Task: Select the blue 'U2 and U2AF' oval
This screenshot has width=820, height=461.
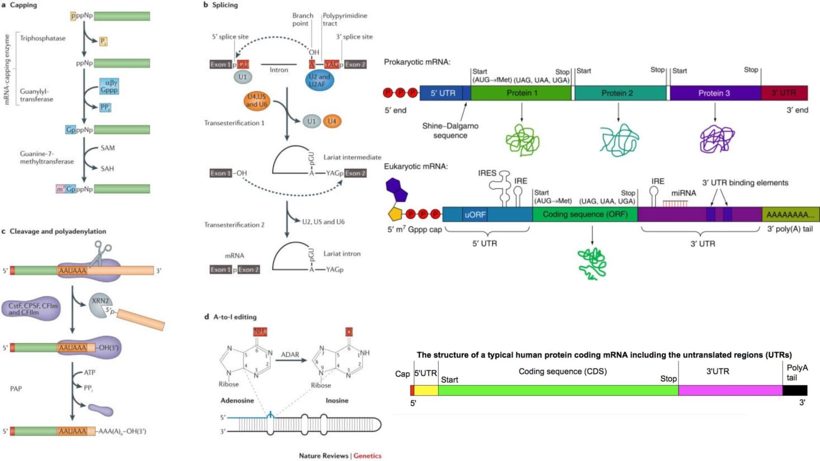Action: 319,81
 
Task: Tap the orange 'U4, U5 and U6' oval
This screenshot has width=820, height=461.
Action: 256,100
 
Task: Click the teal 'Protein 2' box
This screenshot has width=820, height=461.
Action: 618,93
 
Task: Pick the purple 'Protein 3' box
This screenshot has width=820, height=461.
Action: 714,93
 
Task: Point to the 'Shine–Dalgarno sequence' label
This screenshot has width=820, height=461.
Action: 450,131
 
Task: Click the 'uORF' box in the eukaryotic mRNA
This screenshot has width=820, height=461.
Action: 475,214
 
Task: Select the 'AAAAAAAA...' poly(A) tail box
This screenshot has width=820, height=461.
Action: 790,214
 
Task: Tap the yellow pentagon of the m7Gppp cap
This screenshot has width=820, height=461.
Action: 396,214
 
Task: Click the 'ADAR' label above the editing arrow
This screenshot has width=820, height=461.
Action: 290,354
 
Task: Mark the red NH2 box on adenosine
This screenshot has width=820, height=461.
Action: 259,331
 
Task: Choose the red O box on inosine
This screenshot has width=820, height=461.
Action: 349,331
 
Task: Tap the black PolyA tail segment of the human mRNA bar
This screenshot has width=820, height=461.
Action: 794,390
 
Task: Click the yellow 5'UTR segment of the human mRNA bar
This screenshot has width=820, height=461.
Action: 426,390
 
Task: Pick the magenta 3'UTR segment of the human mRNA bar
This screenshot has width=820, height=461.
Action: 730,390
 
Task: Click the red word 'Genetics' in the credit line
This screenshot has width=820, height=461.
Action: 367,455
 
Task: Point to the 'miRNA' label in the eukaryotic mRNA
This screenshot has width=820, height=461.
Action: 683,193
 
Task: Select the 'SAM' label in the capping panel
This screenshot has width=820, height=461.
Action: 107,148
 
